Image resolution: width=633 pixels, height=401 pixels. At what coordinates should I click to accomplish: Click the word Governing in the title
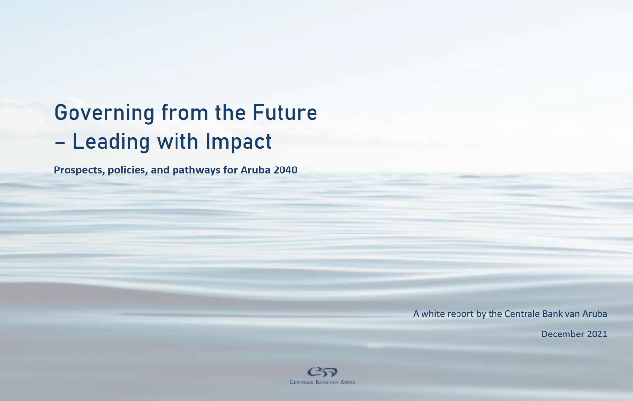click(x=105, y=113)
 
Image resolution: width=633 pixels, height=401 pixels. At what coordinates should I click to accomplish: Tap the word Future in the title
click(x=285, y=112)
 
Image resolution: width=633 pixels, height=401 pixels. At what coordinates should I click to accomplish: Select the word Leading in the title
click(x=111, y=142)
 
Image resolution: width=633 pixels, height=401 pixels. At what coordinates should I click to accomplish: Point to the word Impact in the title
click(x=239, y=142)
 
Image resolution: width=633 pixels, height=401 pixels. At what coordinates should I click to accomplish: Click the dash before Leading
click(x=60, y=144)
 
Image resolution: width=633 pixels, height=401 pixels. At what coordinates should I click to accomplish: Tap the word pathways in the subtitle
click(x=196, y=170)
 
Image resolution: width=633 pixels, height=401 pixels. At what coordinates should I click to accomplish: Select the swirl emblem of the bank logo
click(x=322, y=372)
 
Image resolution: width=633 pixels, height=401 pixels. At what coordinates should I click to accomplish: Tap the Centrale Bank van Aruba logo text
click(x=322, y=382)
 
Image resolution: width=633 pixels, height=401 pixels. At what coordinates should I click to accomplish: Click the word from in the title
click(x=184, y=112)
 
